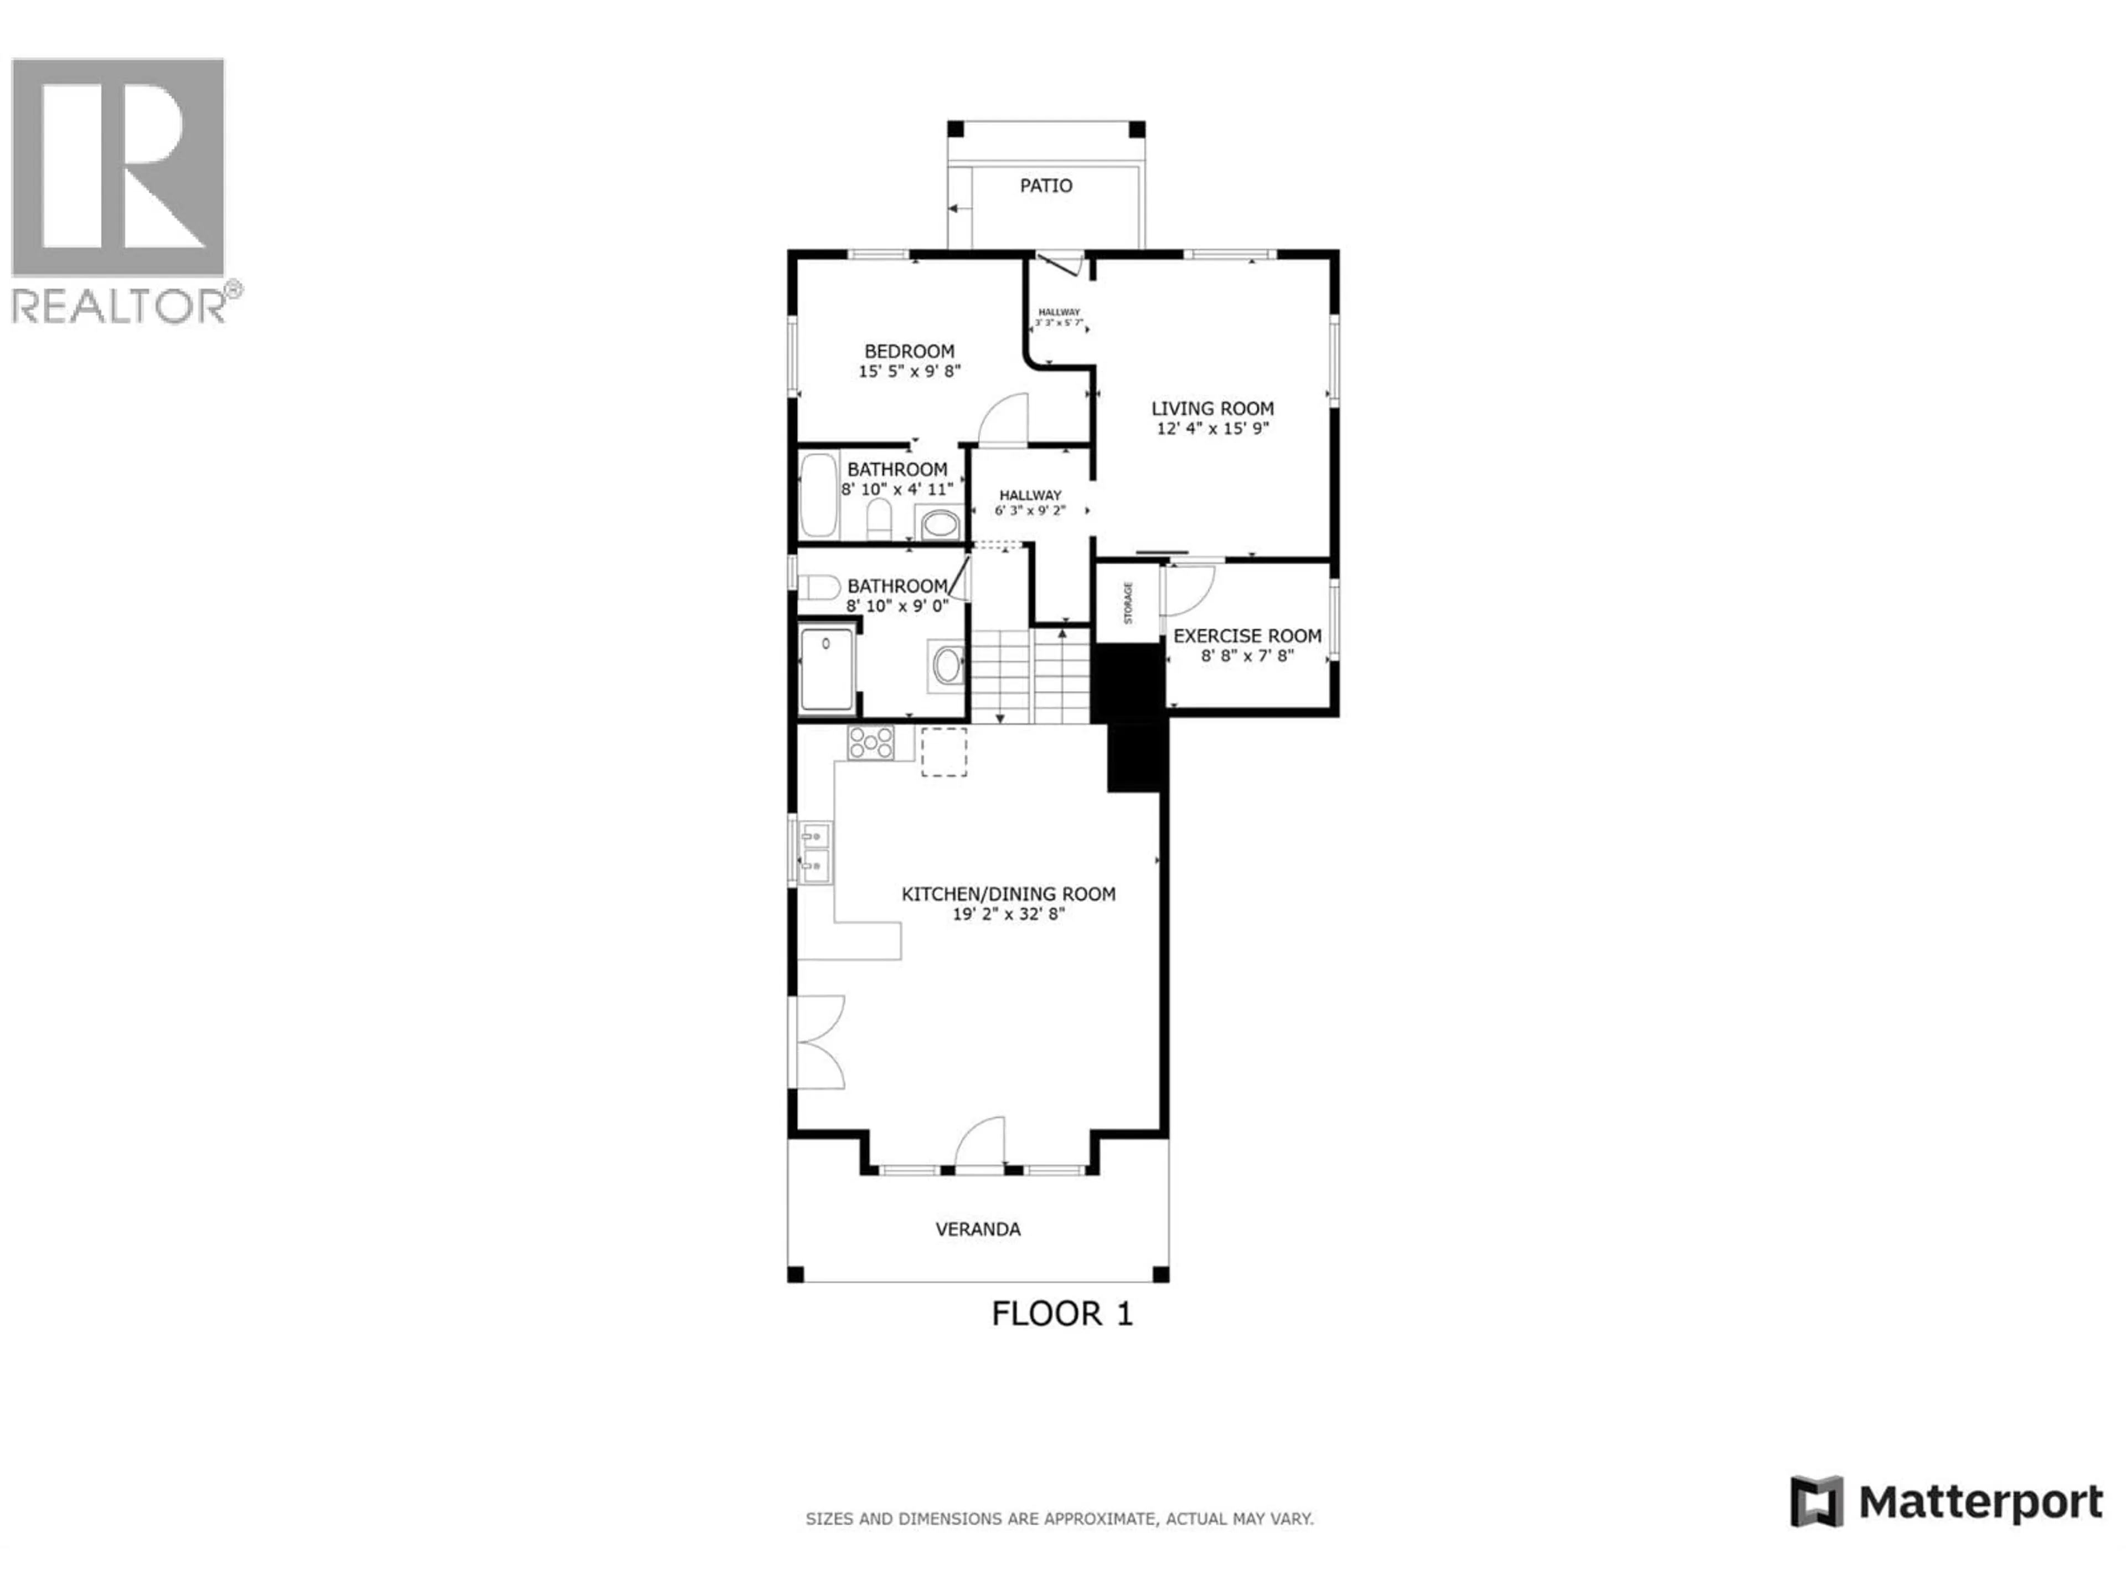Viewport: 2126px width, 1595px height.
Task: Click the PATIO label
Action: tap(1046, 186)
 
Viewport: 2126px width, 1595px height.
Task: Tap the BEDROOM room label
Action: tap(909, 352)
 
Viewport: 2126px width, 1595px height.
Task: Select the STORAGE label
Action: tap(1127, 603)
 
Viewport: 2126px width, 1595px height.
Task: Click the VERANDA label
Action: tap(977, 1229)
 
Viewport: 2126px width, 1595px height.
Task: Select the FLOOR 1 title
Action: tap(1061, 1313)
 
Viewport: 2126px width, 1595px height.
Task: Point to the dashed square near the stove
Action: tap(944, 752)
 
